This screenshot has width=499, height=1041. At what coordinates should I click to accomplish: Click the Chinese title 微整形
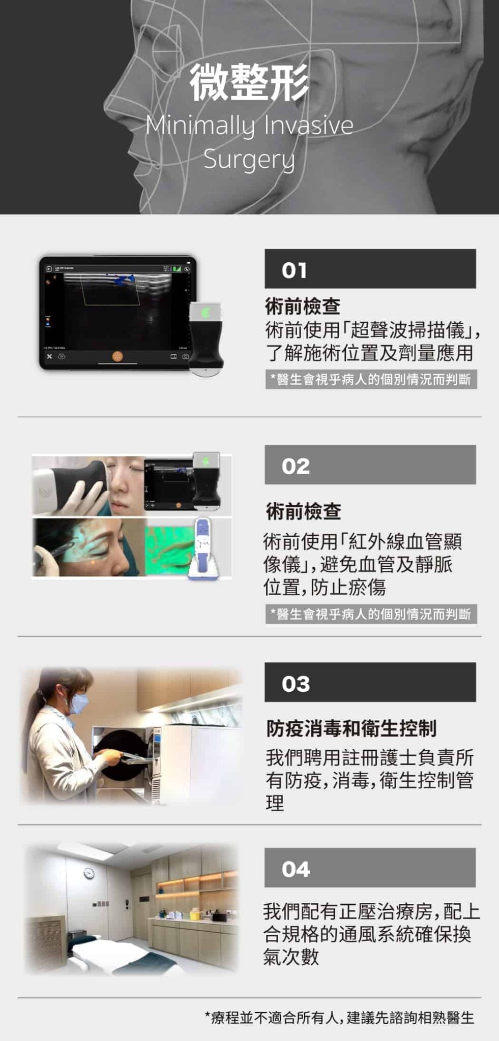click(249, 82)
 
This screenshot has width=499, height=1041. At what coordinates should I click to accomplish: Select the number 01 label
click(295, 270)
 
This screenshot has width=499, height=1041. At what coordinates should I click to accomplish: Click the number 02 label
click(296, 467)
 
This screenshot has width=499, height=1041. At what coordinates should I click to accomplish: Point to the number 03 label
click(296, 684)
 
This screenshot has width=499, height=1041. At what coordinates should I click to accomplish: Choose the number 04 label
click(296, 870)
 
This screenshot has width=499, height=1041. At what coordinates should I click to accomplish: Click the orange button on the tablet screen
click(118, 356)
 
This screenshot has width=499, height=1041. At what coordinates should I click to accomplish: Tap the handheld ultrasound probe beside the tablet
click(206, 338)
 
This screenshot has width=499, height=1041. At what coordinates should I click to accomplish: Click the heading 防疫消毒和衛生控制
click(351, 728)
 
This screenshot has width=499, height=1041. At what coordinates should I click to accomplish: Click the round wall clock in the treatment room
click(89, 873)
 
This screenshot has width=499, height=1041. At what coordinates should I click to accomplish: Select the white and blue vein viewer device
click(203, 549)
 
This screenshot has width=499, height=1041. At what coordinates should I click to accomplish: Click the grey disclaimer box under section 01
click(371, 379)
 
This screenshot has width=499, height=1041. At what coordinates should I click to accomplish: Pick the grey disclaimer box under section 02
click(371, 614)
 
